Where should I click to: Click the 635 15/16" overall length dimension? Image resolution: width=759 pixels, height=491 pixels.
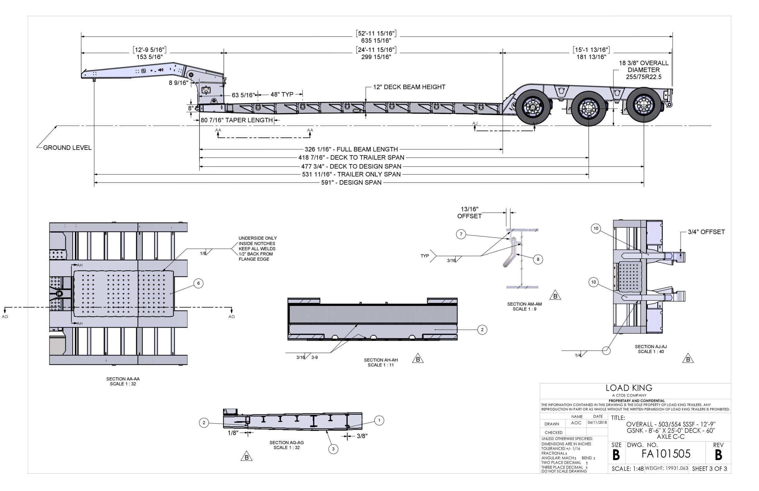click(376, 41)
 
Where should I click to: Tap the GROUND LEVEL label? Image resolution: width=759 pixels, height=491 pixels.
click(67, 148)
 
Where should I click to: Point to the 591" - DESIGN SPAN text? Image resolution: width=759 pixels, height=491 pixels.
click(351, 183)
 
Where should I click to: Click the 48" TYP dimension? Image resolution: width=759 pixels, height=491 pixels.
click(282, 94)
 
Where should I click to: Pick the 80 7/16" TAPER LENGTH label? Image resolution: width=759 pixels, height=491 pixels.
click(237, 120)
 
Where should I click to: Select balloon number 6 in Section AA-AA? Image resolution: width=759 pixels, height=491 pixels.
click(198, 283)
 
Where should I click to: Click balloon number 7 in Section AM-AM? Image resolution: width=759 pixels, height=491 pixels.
click(461, 234)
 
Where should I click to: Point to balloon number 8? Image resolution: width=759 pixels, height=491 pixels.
click(538, 259)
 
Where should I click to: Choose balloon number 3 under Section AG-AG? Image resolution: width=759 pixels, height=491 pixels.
click(333, 449)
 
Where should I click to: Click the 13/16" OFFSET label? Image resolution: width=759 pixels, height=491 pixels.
click(469, 213)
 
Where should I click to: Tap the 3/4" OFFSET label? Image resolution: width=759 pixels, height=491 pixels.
click(706, 232)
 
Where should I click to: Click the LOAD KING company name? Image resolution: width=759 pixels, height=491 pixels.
click(629, 388)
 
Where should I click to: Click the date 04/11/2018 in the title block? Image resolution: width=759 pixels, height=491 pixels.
click(597, 423)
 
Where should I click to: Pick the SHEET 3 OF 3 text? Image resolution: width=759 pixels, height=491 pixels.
click(709, 469)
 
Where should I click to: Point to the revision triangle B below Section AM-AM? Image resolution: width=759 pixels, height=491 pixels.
click(555, 296)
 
